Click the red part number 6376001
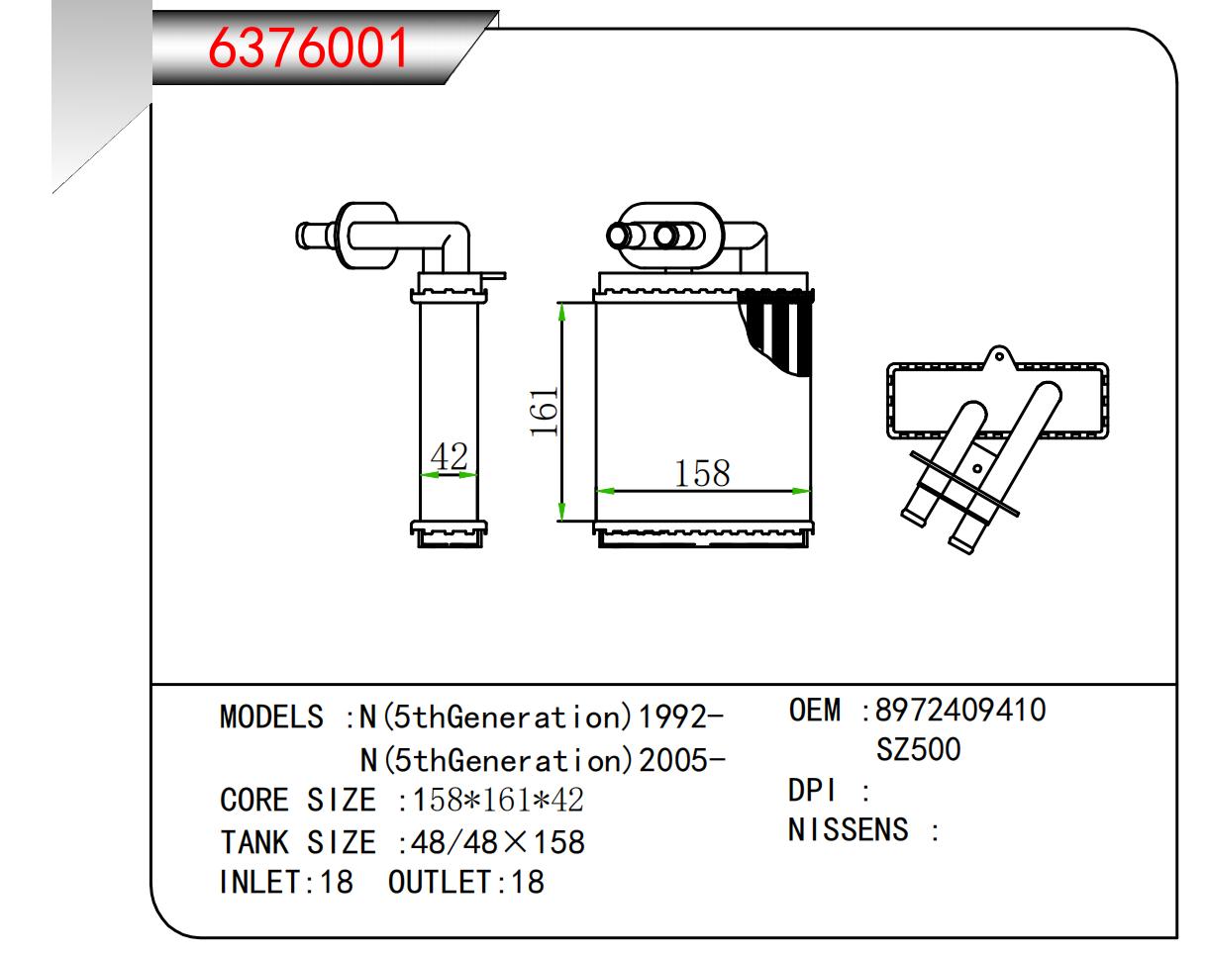(308, 48)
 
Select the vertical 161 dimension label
(544, 412)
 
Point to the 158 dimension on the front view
(702, 474)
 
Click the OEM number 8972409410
(960, 711)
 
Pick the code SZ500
(919, 749)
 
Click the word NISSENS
(848, 830)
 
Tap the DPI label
(812, 791)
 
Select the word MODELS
(272, 717)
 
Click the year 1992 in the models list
(673, 717)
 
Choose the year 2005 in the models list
(673, 761)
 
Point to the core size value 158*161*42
(498, 800)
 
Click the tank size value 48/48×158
(498, 842)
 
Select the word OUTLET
(440, 883)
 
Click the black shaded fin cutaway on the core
(777, 332)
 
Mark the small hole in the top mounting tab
(999, 356)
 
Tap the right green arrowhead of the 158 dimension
(801, 491)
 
